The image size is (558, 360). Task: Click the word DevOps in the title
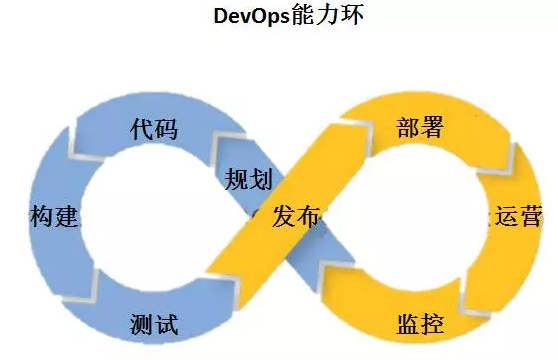click(248, 18)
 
